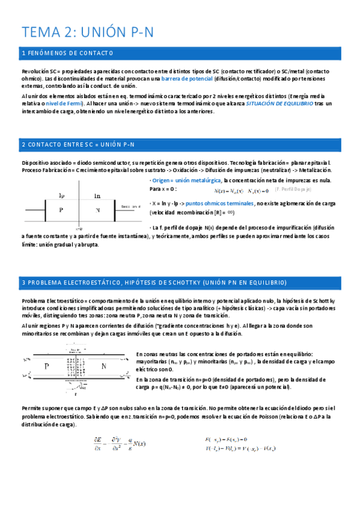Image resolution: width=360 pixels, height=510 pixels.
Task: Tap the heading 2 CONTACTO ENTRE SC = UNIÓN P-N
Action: (x=78, y=145)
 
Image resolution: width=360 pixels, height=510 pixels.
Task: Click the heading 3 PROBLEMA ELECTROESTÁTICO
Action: (x=154, y=282)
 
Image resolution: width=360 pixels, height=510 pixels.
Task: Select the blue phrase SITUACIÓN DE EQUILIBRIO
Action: (x=279, y=103)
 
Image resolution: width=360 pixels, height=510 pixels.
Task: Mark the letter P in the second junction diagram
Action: (x=47, y=365)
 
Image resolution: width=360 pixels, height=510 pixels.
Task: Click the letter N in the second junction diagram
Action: (x=103, y=365)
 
